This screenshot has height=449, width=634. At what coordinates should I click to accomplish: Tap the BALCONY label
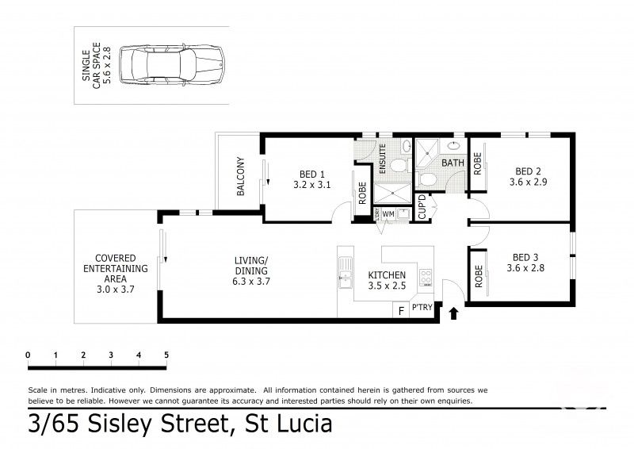coord(240,177)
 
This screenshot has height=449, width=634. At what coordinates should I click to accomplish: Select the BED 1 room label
coord(311,174)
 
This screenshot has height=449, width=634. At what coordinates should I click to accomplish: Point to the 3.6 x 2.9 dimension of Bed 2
coord(527,182)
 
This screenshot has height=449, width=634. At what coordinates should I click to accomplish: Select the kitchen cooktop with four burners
coord(425,278)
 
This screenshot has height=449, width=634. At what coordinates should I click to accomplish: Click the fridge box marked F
coord(401,309)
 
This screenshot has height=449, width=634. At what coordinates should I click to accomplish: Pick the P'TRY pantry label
coord(422,309)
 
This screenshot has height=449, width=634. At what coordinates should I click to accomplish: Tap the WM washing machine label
coord(388,213)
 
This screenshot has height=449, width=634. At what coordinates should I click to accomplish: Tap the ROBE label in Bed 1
coord(362,194)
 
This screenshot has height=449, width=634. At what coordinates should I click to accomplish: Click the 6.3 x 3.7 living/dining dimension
coord(251,281)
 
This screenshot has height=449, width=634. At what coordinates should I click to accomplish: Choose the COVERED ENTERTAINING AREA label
coord(116,269)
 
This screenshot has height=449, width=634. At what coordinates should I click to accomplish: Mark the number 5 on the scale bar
coord(166,355)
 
